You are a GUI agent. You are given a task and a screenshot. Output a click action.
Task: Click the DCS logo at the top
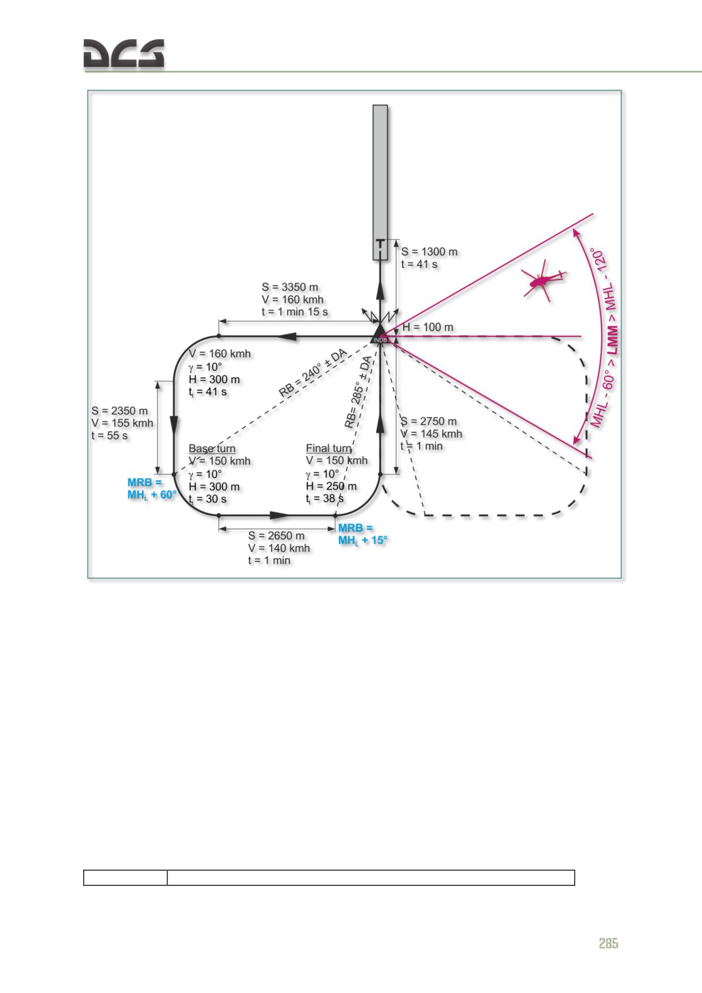pyautogui.click(x=124, y=54)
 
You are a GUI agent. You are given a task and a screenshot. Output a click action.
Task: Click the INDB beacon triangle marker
pyautogui.click(x=380, y=333)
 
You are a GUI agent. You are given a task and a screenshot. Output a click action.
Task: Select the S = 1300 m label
pyautogui.click(x=429, y=252)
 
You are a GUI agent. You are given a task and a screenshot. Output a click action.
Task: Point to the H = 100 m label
pyautogui.click(x=427, y=327)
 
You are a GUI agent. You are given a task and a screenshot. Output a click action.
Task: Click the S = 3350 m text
pyautogui.click(x=290, y=287)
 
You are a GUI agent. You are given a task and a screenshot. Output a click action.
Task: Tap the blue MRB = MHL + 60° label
pyautogui.click(x=152, y=489)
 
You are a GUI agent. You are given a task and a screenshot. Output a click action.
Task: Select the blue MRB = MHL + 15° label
pyautogui.click(x=363, y=534)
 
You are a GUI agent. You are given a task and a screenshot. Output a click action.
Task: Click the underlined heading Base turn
pyautogui.click(x=212, y=448)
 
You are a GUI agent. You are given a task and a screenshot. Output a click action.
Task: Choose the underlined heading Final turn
pyautogui.click(x=328, y=448)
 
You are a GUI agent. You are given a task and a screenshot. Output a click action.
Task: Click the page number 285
pyautogui.click(x=609, y=943)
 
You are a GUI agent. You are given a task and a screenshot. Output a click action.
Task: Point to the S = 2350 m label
pyautogui.click(x=119, y=411)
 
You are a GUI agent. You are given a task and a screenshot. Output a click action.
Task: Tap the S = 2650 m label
pyautogui.click(x=276, y=536)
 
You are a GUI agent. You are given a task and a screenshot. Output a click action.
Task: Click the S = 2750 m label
pyautogui.click(x=429, y=421)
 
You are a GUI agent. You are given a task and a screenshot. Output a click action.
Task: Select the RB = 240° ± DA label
pyautogui.click(x=313, y=373)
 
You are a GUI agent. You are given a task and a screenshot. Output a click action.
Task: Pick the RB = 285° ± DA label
pyautogui.click(x=358, y=392)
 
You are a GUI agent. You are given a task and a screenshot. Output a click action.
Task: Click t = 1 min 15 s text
pyautogui.click(x=294, y=312)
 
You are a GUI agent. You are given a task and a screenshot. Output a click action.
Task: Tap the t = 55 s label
pyautogui.click(x=109, y=436)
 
